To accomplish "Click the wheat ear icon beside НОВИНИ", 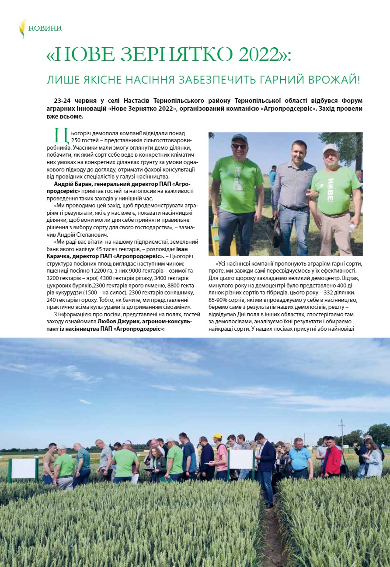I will tap(22, 28).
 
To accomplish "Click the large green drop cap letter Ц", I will tap(59, 135).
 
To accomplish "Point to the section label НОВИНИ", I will tap(45, 28).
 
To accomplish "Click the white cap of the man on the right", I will tap(330, 148).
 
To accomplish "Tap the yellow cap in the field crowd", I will tap(217, 436).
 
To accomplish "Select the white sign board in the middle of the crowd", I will tap(241, 459).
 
